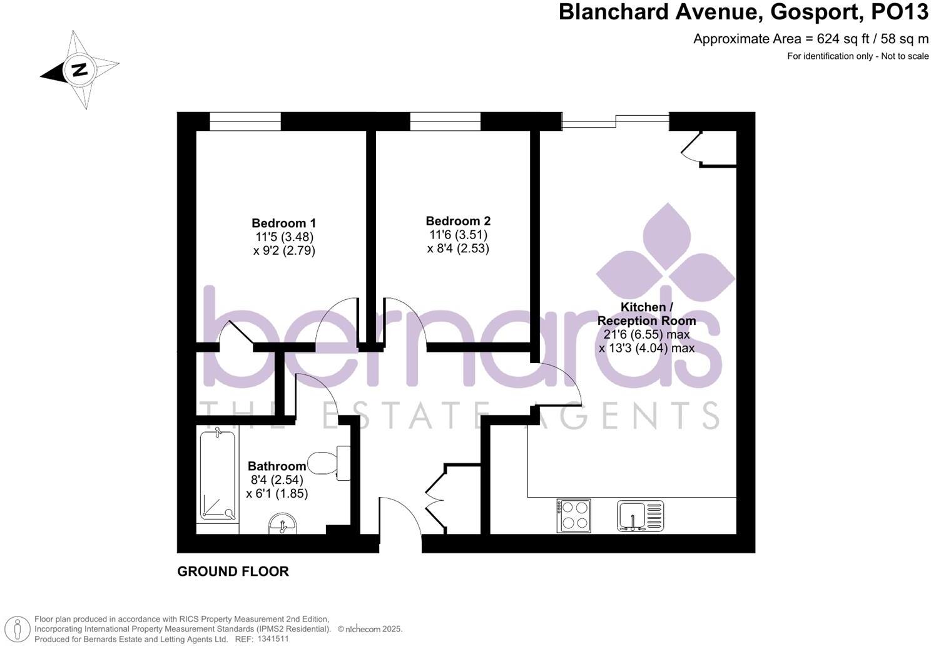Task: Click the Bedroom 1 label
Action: (283, 223)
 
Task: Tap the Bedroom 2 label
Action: (458, 221)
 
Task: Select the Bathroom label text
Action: (277, 466)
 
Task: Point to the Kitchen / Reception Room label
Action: (646, 314)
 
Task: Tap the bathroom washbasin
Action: (283, 524)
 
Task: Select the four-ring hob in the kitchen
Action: (573, 515)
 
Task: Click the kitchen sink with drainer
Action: (639, 516)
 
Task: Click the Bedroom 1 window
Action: (245, 121)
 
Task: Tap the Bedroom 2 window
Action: (445, 121)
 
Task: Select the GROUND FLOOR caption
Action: (233, 572)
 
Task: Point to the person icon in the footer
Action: (21, 628)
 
